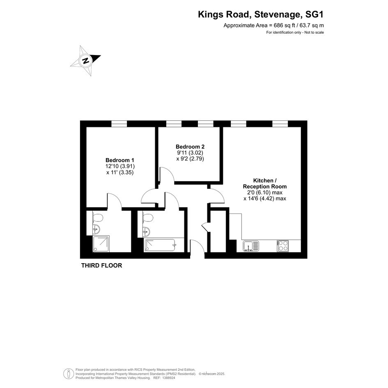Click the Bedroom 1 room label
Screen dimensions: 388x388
pyautogui.click(x=120, y=160)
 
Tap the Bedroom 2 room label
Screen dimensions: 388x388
pyautogui.click(x=190, y=147)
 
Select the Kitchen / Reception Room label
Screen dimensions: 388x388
pyautogui.click(x=265, y=184)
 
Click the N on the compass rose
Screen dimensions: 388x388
pyautogui.click(x=86, y=60)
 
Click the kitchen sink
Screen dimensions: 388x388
pyautogui.click(x=251, y=246)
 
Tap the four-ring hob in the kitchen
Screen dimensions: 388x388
pyautogui.click(x=283, y=246)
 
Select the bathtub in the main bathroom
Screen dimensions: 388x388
pyautogui.click(x=161, y=245)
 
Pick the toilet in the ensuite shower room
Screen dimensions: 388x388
pyautogui.click(x=98, y=218)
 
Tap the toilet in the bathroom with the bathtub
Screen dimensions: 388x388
pyautogui.click(x=148, y=218)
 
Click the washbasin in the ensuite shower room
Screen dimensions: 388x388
pyautogui.click(x=96, y=229)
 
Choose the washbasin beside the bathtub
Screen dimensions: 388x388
pyautogui.click(x=146, y=232)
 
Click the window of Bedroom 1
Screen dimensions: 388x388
pyautogui.click(x=119, y=124)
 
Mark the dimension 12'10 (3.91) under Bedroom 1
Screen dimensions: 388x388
pyautogui.click(x=120, y=166)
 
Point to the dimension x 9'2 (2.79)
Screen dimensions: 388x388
pyautogui.click(x=190, y=159)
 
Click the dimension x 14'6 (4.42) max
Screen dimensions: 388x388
pyautogui.click(x=265, y=198)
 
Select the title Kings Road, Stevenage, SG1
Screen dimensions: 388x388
pyautogui.click(x=261, y=15)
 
